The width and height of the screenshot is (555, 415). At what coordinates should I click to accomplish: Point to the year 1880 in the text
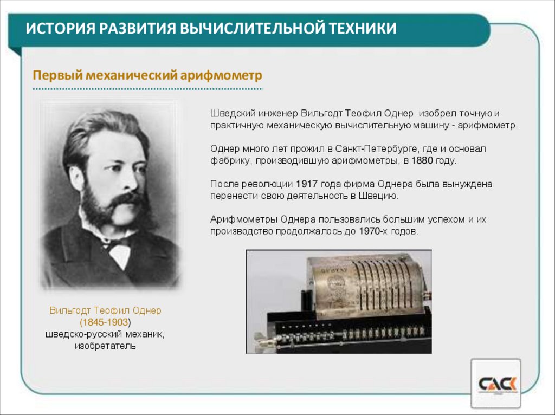pos(422,160)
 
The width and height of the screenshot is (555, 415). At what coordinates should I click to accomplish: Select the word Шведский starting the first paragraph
pos(230,113)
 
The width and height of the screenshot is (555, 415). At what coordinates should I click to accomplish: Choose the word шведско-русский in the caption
pos(82,334)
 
